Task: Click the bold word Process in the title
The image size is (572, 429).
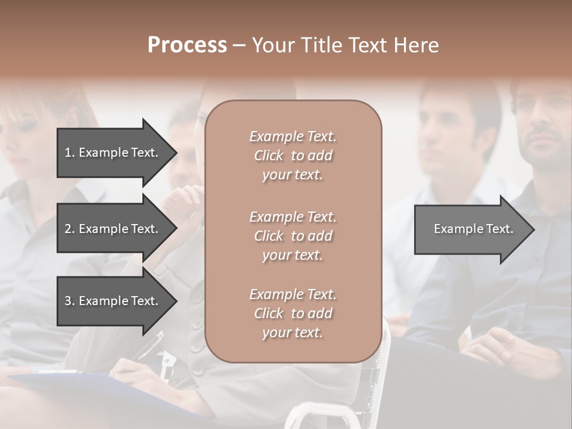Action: pos(187,45)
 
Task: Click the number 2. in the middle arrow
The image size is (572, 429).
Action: pos(70,229)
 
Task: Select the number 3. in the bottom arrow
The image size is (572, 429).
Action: pos(70,301)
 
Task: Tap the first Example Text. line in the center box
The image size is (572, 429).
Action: pos(293,136)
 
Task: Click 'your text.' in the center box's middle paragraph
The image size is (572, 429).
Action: pos(293,255)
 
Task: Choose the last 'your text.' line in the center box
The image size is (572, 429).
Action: pos(293,332)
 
